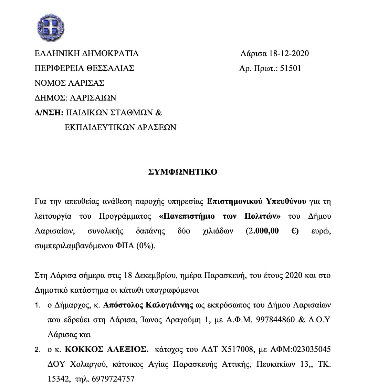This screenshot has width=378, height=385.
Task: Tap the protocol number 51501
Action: [291, 68]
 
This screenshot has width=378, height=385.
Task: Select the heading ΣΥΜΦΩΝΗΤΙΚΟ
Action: [182, 172]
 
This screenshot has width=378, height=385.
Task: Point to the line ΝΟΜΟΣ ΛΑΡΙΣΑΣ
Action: [70, 83]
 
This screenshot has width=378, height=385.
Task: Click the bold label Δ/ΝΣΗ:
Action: [49, 113]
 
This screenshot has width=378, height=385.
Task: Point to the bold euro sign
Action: [295, 231]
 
